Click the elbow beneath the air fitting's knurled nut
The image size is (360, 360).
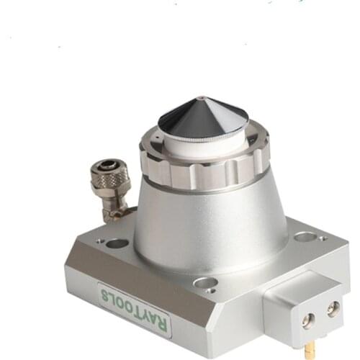point(112,209)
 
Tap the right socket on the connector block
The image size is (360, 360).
point(332,307)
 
